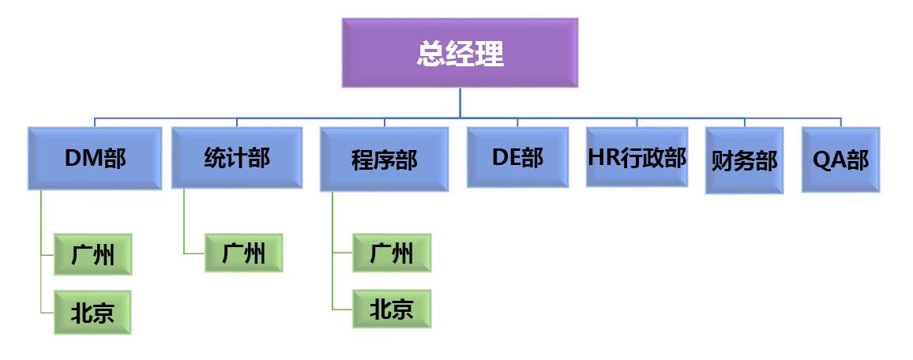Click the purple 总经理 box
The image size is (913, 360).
click(x=460, y=53)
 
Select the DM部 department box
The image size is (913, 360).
click(x=95, y=159)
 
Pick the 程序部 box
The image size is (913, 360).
click(x=384, y=159)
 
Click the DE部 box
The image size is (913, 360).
click(x=517, y=157)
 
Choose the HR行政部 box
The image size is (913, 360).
click(x=637, y=157)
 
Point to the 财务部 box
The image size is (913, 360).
click(x=744, y=160)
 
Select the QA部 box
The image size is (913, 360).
click(x=840, y=160)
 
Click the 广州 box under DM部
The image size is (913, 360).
click(x=92, y=254)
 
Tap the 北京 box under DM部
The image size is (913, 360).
click(x=92, y=313)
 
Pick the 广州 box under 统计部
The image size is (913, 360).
click(x=243, y=253)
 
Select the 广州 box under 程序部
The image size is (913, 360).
click(x=392, y=253)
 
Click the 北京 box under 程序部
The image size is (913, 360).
click(x=392, y=309)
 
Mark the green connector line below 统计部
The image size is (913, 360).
click(x=184, y=221)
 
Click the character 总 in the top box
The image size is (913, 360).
click(x=431, y=54)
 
